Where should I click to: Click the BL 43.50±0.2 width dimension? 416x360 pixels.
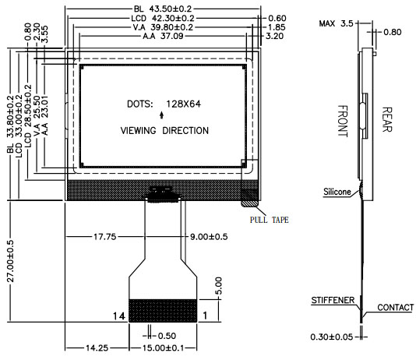coord(163,9)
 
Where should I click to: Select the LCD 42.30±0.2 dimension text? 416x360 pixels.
coord(163,18)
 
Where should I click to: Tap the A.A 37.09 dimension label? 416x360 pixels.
coord(163,36)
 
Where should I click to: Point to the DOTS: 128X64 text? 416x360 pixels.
coord(164,104)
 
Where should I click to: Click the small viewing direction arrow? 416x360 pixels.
coord(161,115)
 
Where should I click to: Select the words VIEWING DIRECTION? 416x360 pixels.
coord(164,131)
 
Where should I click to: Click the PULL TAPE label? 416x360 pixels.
coord(269,220)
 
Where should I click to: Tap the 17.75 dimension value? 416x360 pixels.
coord(105,236)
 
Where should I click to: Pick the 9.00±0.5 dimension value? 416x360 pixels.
coord(209,236)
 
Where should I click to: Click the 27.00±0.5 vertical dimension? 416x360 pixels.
coord(10,261)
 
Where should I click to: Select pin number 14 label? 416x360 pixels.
coord(118,316)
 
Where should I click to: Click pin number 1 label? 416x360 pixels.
coord(205,316)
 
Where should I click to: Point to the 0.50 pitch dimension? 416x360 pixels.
coord(167,336)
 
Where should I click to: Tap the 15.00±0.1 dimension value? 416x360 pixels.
coord(163,348)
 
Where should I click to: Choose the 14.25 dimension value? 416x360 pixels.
coord(97,348)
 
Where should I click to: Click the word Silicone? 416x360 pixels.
coord(337,192)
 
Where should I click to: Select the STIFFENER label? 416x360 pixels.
coord(333,300)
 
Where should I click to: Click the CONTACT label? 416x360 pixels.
coord(395,307)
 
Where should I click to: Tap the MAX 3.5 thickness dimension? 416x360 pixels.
coord(336,23)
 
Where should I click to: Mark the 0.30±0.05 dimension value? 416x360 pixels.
coord(332,337)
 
